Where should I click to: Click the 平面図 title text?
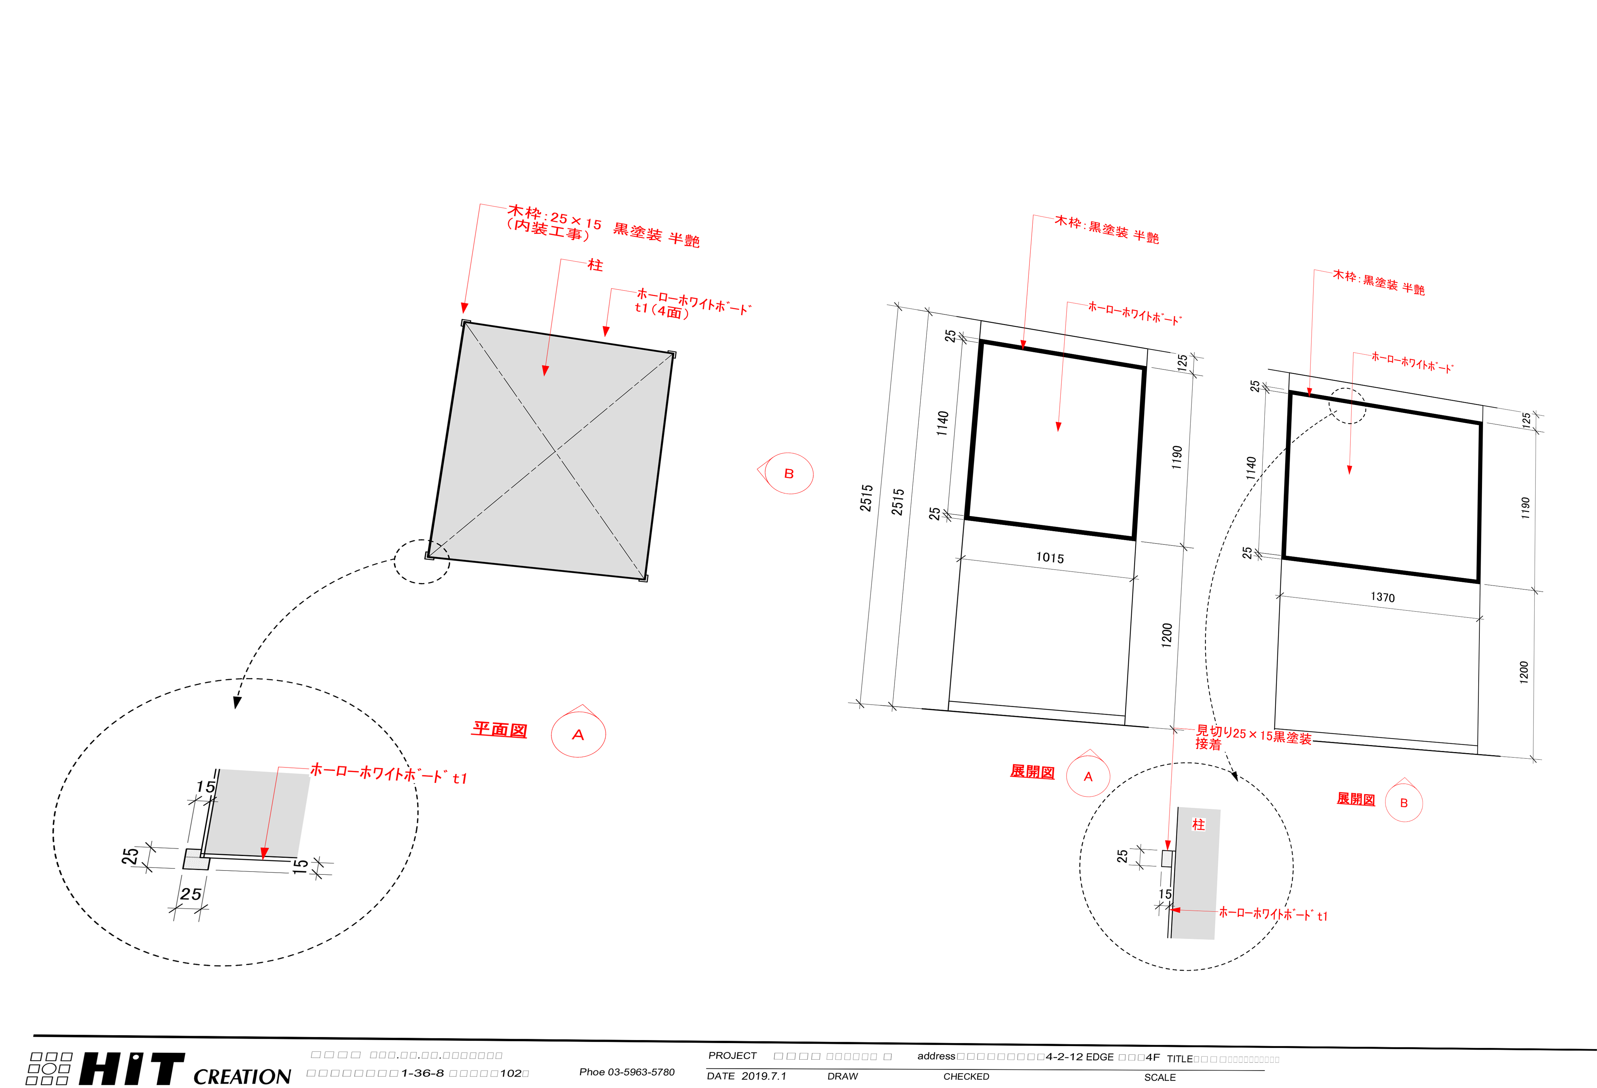click(x=499, y=729)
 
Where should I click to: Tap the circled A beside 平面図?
click(x=578, y=735)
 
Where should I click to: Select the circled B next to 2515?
click(x=789, y=473)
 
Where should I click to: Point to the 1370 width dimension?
click(x=1382, y=597)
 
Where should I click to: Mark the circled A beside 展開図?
click(x=1088, y=777)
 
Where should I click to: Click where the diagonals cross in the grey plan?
click(x=555, y=452)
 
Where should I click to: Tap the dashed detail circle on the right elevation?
click(x=1347, y=406)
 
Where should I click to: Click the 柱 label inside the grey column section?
click(x=1198, y=824)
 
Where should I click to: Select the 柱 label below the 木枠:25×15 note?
click(x=595, y=264)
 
